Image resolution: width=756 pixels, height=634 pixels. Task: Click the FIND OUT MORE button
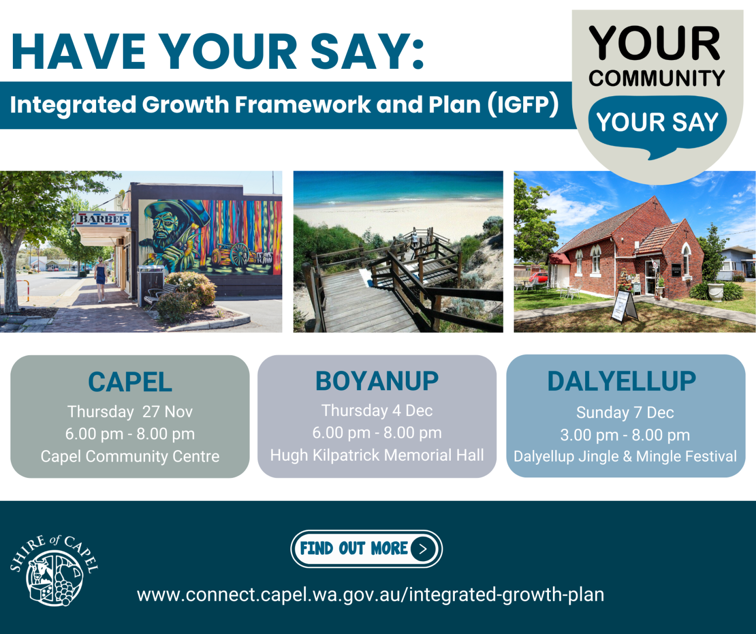pyautogui.click(x=366, y=549)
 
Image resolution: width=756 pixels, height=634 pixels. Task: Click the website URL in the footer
pyautogui.click(x=370, y=594)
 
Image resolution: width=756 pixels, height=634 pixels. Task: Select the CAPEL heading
pyautogui.click(x=130, y=382)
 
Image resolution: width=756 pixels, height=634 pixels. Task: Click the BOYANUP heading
pyautogui.click(x=377, y=381)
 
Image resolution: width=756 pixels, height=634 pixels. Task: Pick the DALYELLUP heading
pyautogui.click(x=621, y=381)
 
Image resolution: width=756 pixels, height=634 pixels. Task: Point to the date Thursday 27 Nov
pyautogui.click(x=130, y=412)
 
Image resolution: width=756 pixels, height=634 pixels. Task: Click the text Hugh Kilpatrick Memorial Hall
pyautogui.click(x=377, y=455)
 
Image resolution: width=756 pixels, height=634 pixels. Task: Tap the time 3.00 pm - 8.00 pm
pyautogui.click(x=625, y=435)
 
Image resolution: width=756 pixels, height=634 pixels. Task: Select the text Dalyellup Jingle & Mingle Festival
pyautogui.click(x=625, y=456)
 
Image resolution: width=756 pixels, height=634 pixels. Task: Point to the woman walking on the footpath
pyautogui.click(x=101, y=278)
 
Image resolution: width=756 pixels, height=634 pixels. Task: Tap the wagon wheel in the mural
pyautogui.click(x=239, y=254)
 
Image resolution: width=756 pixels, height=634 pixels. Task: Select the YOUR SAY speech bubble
pyautogui.click(x=657, y=123)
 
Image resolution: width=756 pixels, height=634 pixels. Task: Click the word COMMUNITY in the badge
pyautogui.click(x=657, y=78)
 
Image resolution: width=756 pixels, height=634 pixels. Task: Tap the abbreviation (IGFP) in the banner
pyautogui.click(x=523, y=105)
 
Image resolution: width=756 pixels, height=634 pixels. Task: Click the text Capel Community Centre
pyautogui.click(x=130, y=456)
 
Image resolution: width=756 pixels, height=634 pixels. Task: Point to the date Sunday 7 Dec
pyautogui.click(x=625, y=413)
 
